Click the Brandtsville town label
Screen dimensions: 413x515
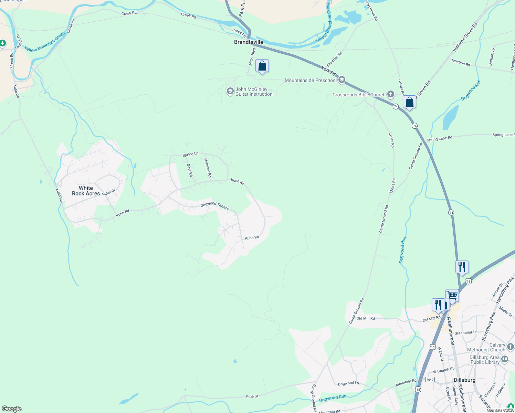[249, 42]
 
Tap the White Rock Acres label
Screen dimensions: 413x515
[86, 191]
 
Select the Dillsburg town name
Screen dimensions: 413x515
[464, 380]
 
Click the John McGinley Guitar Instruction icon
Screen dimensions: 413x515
[230, 92]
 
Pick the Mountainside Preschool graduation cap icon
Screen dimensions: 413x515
[341, 80]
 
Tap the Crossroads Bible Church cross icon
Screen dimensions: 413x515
[390, 94]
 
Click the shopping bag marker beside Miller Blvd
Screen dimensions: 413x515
[262, 66]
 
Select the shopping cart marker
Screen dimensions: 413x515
[452, 296]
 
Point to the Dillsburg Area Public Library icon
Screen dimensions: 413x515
[505, 360]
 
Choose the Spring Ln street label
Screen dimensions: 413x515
[190, 155]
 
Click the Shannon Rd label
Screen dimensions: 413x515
[208, 167]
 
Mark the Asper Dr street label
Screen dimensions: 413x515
[108, 192]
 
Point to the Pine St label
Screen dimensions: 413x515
[252, 396]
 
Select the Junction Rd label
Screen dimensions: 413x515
[460, 62]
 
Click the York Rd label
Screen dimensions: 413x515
[328, 71]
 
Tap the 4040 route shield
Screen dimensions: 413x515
[430, 379]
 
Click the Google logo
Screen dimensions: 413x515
[12, 409]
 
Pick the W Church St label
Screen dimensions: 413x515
[443, 370]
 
